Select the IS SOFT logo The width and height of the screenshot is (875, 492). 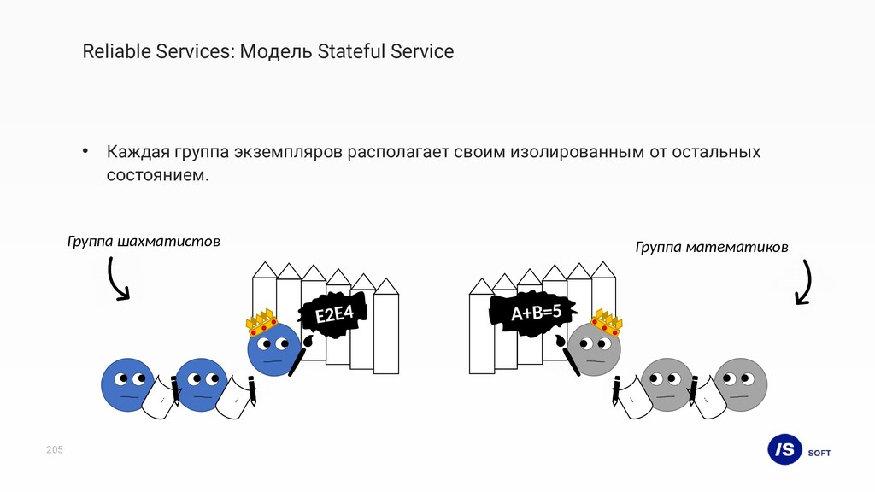pos(798,450)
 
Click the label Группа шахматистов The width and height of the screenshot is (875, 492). pos(144,242)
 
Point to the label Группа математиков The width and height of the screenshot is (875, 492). pos(712,247)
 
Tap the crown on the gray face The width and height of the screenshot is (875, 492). pos(605,322)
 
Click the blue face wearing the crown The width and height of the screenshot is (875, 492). pos(273,350)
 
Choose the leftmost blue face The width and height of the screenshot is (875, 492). pos(128,384)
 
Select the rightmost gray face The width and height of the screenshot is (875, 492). pos(741,384)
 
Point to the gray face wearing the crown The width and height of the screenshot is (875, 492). pos(594,350)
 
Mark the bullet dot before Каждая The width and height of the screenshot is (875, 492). pos(85,153)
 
